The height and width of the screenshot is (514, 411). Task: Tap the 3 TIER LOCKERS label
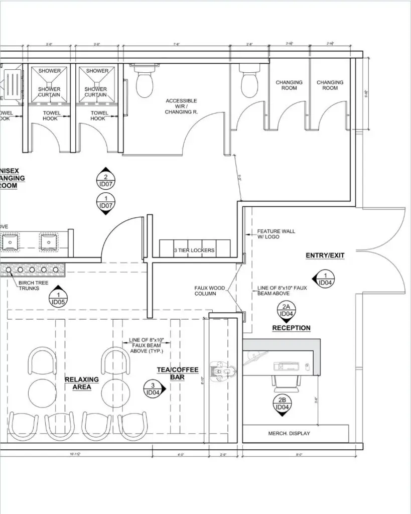(x=194, y=250)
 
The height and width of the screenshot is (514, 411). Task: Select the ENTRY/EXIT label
(x=325, y=255)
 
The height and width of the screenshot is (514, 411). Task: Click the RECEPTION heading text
(x=291, y=328)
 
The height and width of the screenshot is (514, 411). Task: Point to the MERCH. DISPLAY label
(x=289, y=433)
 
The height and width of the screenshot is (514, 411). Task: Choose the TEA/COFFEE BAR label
(x=171, y=373)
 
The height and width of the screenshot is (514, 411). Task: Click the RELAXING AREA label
(x=82, y=383)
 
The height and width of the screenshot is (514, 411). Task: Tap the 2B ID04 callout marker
(x=282, y=405)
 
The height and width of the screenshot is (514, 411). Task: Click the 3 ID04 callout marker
(x=152, y=389)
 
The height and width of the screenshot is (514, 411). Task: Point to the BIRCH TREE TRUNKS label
(x=29, y=286)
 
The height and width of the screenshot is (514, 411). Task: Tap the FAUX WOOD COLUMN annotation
(x=205, y=291)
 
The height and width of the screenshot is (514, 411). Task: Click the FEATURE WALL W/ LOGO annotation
(x=276, y=234)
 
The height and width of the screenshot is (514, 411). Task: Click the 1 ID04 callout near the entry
(x=325, y=279)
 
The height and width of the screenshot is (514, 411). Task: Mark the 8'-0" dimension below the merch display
(x=299, y=455)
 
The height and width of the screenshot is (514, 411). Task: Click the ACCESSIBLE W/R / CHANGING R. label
(x=182, y=106)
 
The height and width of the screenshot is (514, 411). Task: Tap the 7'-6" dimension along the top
(x=176, y=45)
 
